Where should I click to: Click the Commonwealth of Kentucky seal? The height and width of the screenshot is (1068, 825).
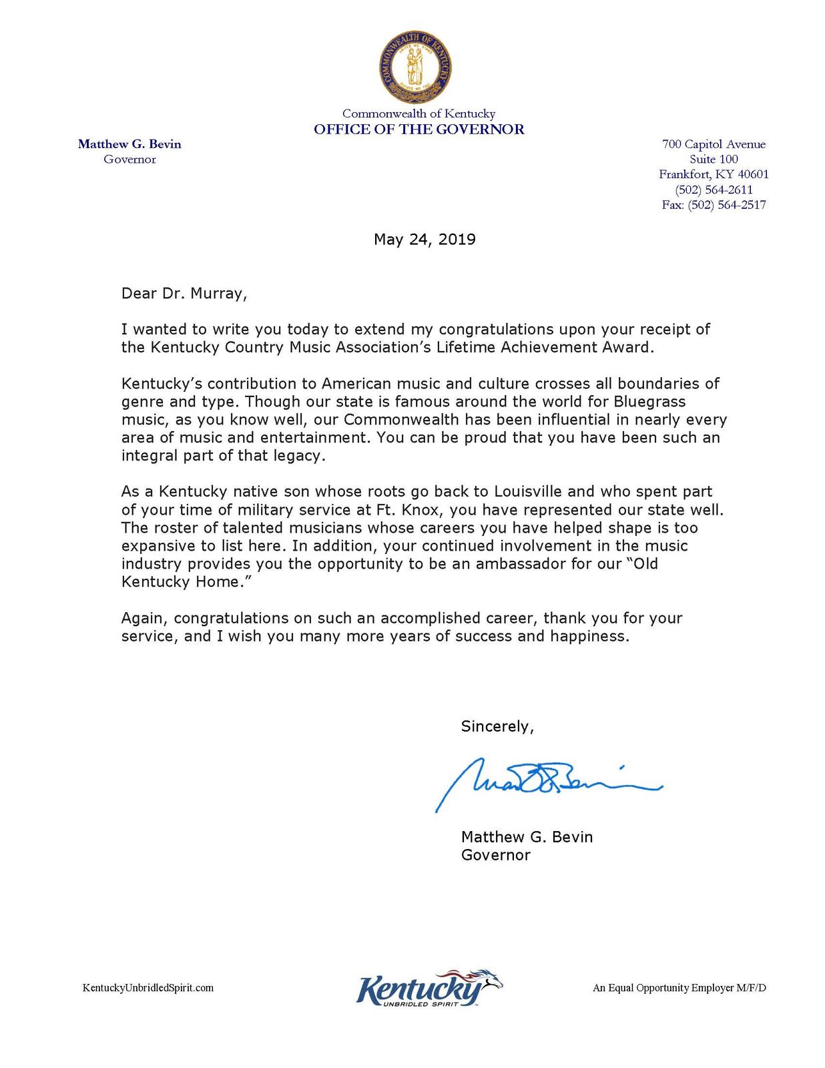(x=415, y=67)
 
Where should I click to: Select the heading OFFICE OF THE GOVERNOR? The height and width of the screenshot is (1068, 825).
(x=419, y=129)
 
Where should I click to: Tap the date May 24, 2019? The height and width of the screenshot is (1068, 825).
(x=425, y=240)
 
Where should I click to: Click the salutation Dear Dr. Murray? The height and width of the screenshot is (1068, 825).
(x=184, y=294)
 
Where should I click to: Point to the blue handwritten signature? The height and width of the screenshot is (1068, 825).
(x=547, y=782)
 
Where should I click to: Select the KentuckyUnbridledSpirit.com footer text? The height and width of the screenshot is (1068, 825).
(x=148, y=988)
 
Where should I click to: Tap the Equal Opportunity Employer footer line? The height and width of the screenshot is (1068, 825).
(x=679, y=988)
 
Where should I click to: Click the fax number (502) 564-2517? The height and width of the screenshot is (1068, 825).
(x=714, y=205)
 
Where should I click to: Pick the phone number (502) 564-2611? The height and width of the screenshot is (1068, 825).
(x=714, y=190)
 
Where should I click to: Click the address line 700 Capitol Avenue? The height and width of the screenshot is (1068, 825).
(x=714, y=144)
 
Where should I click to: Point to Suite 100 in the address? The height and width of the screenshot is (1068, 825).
(x=714, y=160)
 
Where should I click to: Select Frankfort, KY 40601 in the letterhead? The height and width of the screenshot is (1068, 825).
(x=714, y=174)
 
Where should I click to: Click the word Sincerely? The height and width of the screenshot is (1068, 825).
(x=497, y=727)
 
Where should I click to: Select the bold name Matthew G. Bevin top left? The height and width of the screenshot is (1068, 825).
(x=129, y=144)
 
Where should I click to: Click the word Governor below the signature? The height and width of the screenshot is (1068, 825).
(x=495, y=855)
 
